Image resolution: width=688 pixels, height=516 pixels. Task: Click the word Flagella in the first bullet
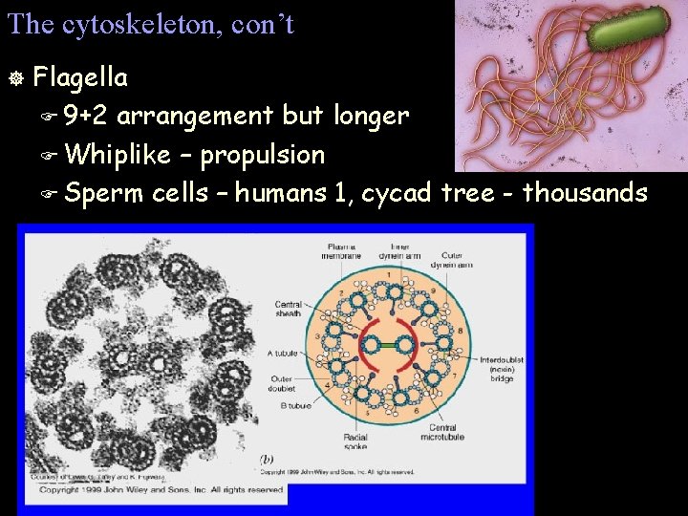point(80,75)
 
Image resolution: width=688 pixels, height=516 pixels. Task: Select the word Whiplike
point(118,154)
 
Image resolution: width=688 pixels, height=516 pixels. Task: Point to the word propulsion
point(263,154)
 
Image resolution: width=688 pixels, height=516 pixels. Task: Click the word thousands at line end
point(585,193)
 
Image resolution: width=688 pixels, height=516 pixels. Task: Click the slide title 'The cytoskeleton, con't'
point(150,24)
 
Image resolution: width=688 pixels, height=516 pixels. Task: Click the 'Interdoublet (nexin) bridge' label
point(498,369)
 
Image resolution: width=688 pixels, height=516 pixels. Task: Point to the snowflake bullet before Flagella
point(13,76)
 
